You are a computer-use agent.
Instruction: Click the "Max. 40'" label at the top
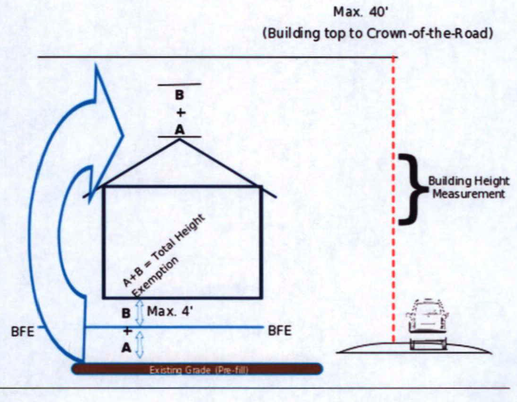click(x=361, y=11)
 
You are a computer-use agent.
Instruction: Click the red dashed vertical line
click(x=393, y=199)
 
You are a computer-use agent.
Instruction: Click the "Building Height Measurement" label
click(x=468, y=188)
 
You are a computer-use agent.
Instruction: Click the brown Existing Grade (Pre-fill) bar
click(x=196, y=368)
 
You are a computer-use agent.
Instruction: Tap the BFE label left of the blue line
click(x=23, y=331)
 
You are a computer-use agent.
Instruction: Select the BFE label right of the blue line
click(x=280, y=331)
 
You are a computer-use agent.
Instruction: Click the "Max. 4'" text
click(x=163, y=312)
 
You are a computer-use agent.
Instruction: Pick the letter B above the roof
click(x=179, y=95)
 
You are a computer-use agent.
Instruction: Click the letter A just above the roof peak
click(x=179, y=130)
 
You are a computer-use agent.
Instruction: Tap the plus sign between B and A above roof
click(x=179, y=113)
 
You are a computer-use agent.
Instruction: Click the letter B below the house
click(x=126, y=313)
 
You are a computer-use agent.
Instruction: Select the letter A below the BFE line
click(x=126, y=347)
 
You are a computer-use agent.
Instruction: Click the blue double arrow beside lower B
click(x=139, y=311)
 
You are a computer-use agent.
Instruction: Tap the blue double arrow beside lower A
click(x=139, y=344)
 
